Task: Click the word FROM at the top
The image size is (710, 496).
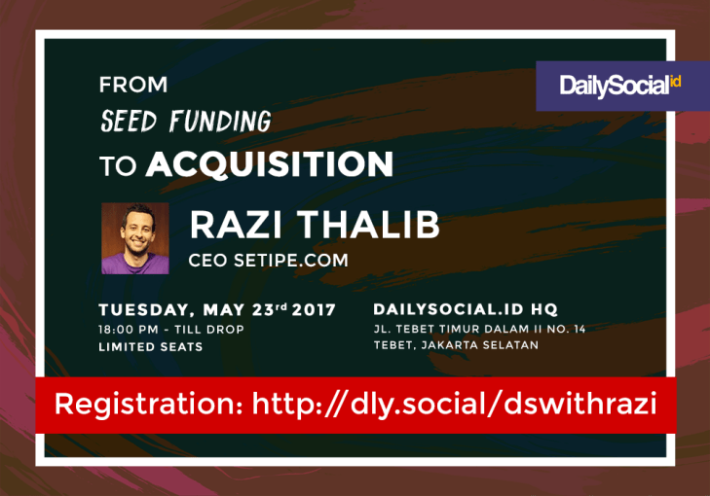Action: tap(133, 85)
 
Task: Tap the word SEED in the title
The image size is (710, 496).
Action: tap(129, 122)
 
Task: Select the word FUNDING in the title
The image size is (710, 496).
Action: tap(220, 122)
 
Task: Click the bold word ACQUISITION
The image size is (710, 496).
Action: tap(270, 164)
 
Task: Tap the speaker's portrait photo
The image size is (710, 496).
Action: tap(135, 238)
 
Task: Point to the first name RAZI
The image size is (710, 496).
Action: tap(236, 225)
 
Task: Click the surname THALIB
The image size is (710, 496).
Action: tap(368, 225)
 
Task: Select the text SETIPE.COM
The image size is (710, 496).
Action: tap(291, 261)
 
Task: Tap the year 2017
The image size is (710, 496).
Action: tap(314, 309)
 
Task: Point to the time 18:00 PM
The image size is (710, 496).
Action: tap(129, 329)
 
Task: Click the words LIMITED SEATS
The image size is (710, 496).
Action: tap(151, 347)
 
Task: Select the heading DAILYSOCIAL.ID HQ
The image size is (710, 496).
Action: tap(466, 309)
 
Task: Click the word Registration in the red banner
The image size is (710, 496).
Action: tap(149, 404)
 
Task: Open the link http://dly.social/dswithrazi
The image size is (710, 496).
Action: tap(454, 404)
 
